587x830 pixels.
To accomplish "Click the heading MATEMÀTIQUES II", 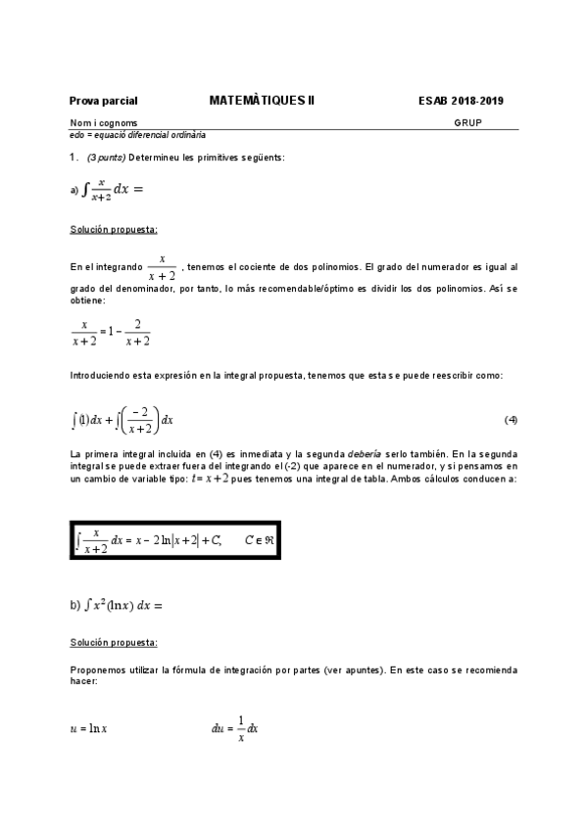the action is [x=262, y=100].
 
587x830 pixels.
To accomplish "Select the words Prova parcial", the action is [x=103, y=101].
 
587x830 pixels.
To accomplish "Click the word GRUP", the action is [x=467, y=123].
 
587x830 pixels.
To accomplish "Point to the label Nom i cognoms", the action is [x=97, y=123].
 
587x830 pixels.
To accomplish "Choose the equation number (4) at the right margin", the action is [x=511, y=421].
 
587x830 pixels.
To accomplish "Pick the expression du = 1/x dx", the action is [x=234, y=728].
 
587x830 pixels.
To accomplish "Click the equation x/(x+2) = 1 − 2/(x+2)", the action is [x=111, y=333].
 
